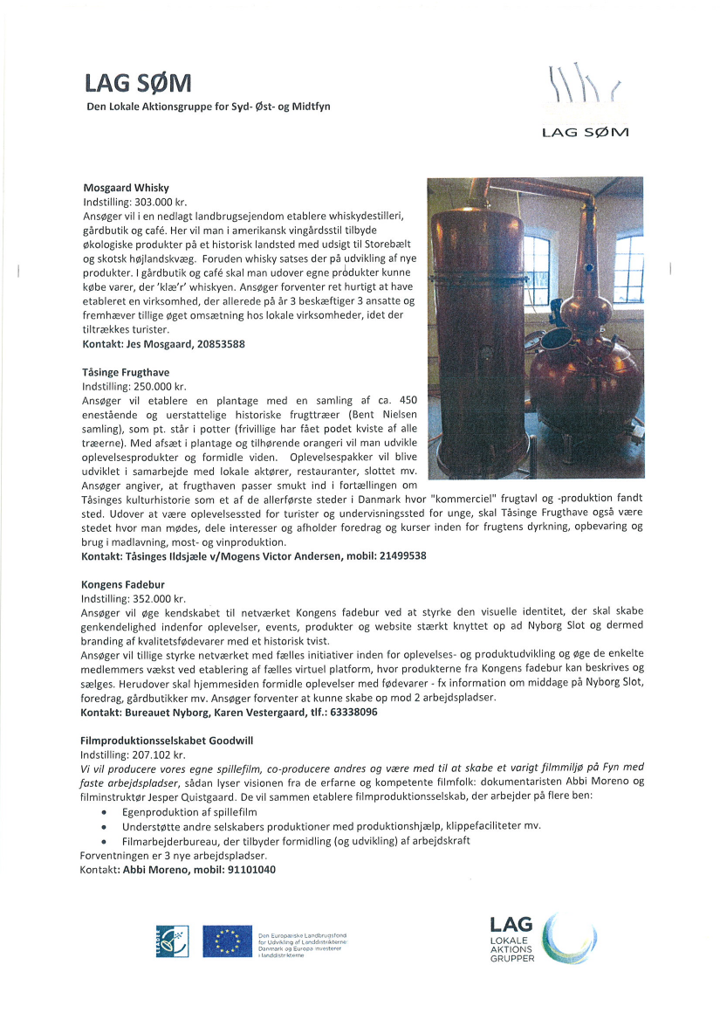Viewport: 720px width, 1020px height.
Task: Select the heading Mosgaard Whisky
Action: coord(126,188)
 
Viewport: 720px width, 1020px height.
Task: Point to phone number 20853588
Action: coord(216,345)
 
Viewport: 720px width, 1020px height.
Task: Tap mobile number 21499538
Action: coord(397,556)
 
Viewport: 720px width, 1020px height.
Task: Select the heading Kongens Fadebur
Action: coord(123,583)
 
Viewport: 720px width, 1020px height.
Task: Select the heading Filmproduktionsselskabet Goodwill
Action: coord(167,741)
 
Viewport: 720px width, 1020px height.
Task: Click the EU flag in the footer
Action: coord(227,942)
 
